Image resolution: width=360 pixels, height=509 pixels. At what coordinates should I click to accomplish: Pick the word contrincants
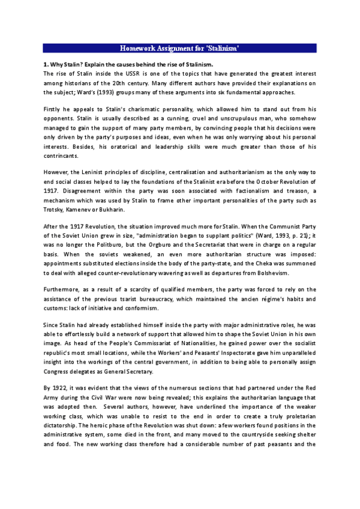(61, 156)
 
